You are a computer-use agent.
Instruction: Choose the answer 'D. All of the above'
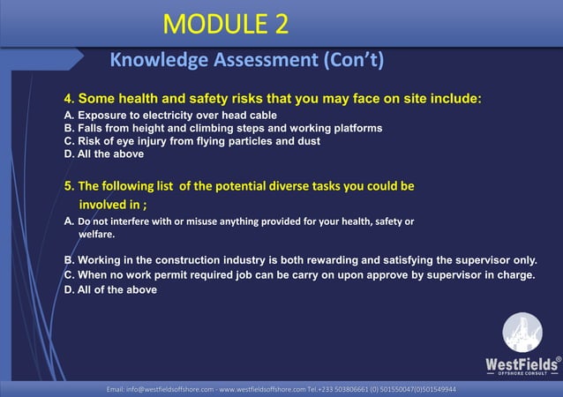point(110,289)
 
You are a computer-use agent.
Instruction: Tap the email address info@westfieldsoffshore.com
point(160,389)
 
